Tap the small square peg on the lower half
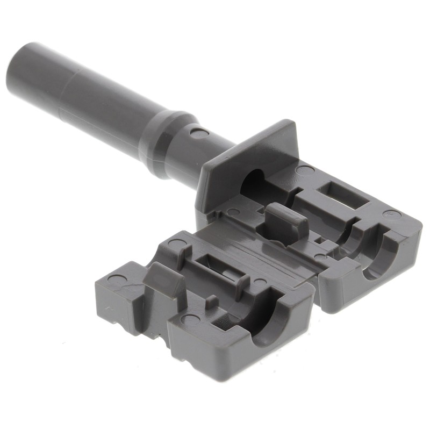click(x=213, y=301)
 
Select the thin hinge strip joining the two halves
click(x=269, y=253)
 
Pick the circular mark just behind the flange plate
click(x=305, y=170)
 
